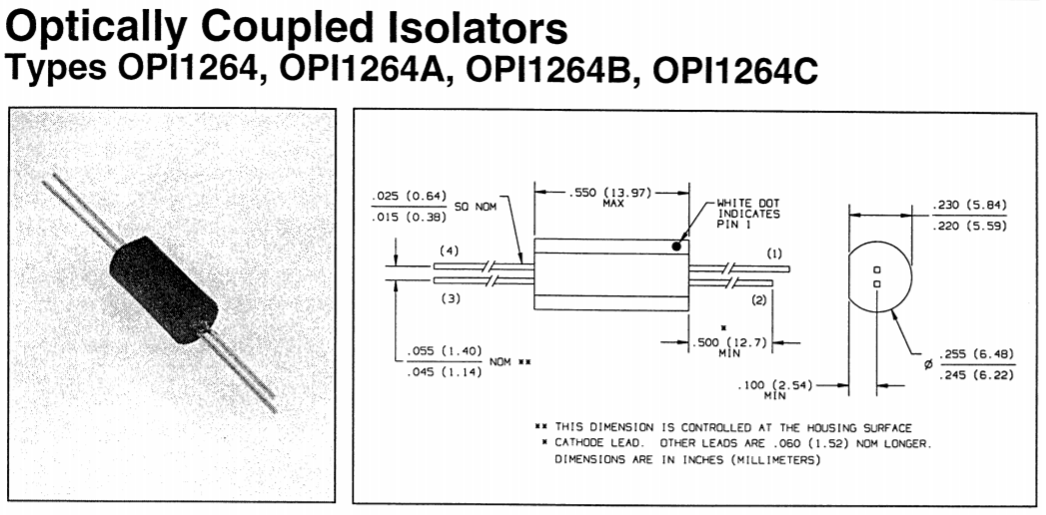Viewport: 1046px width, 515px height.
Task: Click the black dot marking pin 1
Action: pos(677,245)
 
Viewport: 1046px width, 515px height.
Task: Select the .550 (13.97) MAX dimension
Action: pos(612,197)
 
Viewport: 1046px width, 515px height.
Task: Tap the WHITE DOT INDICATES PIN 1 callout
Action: pos(747,214)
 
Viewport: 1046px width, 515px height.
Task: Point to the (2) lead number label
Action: pos(758,299)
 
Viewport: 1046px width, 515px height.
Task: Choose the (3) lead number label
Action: pos(450,299)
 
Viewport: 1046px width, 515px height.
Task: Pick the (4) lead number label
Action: pos(450,251)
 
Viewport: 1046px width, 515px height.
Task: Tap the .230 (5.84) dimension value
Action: pos(968,206)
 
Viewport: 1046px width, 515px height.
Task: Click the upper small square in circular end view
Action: pos(876,270)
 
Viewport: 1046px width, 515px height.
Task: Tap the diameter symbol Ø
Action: pos(928,364)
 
